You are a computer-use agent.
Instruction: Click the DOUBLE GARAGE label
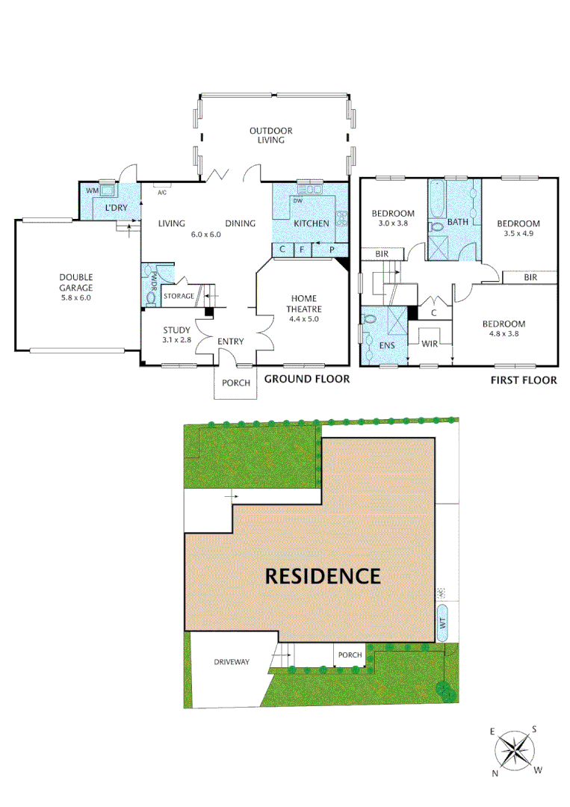coord(76,282)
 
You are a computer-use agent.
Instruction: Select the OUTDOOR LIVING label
coord(270,135)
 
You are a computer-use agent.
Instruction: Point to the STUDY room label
coord(176,330)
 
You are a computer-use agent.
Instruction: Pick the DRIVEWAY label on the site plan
coord(231,662)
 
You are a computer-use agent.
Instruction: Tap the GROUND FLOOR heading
coord(307,380)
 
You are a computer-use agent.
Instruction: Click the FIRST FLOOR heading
coord(524,380)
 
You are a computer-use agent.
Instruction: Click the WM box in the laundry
coord(93,192)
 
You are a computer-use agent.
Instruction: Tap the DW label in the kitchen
coord(297,201)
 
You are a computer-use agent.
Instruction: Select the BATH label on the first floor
coord(457,222)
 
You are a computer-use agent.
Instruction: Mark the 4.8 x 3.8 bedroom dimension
coord(504,334)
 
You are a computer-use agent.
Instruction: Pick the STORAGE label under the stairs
coord(179,297)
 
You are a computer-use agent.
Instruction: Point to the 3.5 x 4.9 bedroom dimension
coord(518,233)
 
